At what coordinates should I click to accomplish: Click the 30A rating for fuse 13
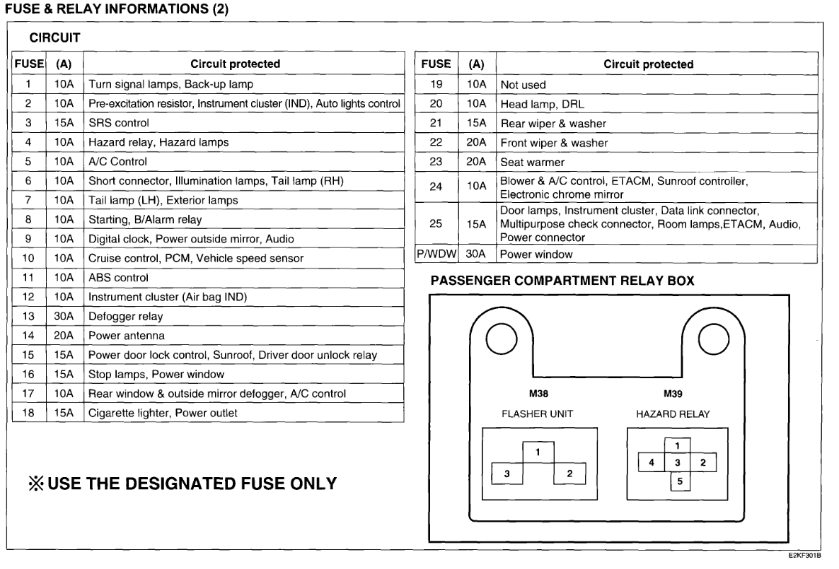64,316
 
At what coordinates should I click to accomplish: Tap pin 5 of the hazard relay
678,481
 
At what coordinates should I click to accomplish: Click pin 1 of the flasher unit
538,452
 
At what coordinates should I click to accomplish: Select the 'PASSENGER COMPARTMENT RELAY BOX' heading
562,281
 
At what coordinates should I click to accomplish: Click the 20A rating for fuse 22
477,143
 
